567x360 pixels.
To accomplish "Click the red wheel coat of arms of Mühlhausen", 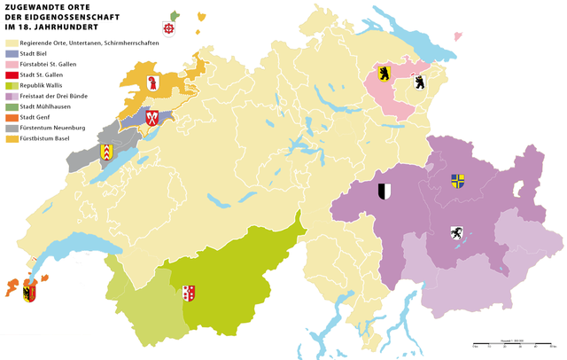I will tap(170, 28).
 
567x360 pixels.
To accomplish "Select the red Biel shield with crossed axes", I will tap(151, 117).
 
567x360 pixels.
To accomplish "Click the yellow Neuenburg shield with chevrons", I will tap(107, 152).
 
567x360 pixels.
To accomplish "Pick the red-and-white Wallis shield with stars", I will tap(188, 293).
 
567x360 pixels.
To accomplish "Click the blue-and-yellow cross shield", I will tap(457, 181).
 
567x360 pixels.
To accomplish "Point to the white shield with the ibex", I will tap(455, 234).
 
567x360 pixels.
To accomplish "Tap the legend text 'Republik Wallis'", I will tap(42, 85).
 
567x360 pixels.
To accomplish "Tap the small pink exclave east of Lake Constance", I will tap(459, 36).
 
